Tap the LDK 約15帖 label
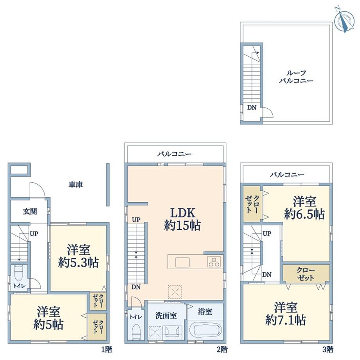[182, 219]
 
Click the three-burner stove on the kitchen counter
[214, 262]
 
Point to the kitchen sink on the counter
[182, 262]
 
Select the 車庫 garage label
[76, 185]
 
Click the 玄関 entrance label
[30, 211]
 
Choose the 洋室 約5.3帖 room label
[79, 256]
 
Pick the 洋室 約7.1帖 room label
[286, 313]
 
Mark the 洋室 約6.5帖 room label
[304, 208]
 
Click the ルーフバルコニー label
[296, 77]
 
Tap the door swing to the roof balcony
[268, 113]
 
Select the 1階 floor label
[107, 349]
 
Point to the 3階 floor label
[328, 349]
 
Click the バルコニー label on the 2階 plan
[174, 154]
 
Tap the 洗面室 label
[166, 316]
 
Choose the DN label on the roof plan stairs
[252, 107]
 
